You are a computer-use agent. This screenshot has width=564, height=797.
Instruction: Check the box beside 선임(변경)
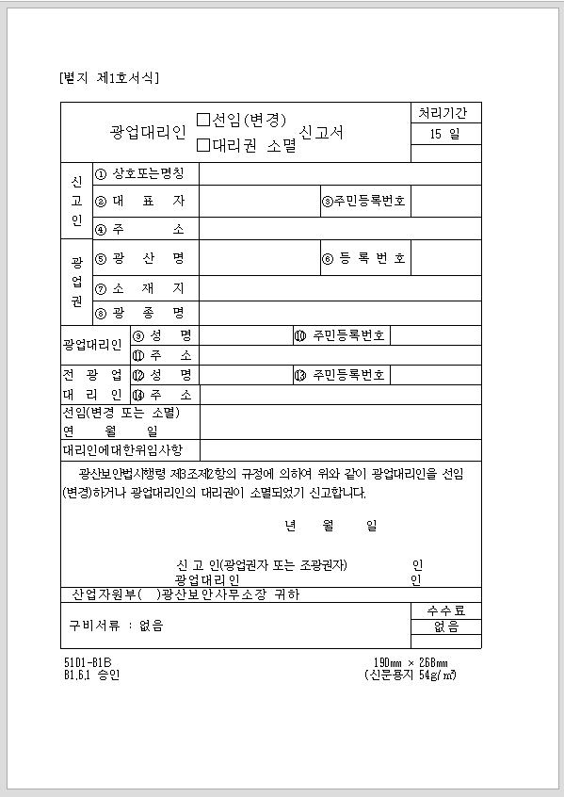[x=202, y=120]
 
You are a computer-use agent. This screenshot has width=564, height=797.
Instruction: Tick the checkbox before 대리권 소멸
[x=202, y=145]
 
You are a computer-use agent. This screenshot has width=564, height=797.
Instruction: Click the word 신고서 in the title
[x=321, y=132]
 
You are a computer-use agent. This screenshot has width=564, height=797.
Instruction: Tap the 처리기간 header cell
[x=447, y=113]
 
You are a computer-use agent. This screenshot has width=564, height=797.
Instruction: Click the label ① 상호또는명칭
[x=146, y=173]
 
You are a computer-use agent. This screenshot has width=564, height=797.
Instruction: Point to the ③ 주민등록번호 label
[x=364, y=201]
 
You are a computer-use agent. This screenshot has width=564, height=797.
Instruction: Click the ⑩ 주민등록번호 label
[x=340, y=334]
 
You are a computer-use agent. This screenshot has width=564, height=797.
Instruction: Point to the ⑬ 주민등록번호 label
[x=340, y=374]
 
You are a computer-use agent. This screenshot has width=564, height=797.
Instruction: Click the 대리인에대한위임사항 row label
[x=129, y=450]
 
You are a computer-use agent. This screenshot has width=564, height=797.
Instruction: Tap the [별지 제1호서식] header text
[x=108, y=77]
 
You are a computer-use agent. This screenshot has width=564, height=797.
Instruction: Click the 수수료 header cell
[x=446, y=610]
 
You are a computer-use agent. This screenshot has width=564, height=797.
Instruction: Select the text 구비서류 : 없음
[x=116, y=625]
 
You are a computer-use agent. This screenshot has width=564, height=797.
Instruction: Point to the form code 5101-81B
[x=88, y=662]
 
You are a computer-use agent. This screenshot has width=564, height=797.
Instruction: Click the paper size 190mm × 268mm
[x=411, y=662]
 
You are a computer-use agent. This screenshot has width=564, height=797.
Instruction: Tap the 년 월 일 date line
[x=330, y=525]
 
